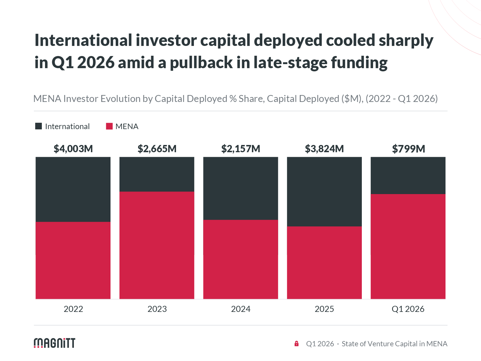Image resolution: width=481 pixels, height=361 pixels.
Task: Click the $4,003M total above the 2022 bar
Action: tap(73, 149)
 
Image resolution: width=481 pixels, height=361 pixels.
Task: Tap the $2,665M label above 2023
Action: tap(157, 149)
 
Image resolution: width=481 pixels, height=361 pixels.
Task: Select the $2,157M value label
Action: tap(241, 149)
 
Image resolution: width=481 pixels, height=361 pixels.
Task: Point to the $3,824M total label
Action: tap(324, 149)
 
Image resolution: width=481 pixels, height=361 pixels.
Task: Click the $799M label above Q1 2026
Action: tap(408, 149)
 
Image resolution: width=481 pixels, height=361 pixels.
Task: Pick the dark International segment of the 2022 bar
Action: tap(73, 189)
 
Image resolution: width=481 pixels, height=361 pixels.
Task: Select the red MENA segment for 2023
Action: tap(157, 245)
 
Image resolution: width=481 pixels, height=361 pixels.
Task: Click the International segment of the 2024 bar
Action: tap(241, 188)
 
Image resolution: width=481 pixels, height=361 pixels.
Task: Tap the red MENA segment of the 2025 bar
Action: tap(324, 263)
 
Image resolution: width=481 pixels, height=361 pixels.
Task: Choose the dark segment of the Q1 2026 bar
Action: tap(408, 175)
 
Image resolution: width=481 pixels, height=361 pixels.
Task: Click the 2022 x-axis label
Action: tap(73, 309)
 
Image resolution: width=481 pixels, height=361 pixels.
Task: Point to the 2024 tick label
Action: tap(241, 309)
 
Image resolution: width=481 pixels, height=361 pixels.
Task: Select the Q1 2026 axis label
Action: tap(408, 309)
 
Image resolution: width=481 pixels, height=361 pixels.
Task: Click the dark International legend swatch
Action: tap(38, 126)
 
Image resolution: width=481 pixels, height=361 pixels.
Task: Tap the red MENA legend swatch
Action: tap(109, 126)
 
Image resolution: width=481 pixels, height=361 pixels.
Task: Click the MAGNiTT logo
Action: tap(55, 343)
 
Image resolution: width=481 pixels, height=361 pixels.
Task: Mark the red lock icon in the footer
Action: tap(296, 343)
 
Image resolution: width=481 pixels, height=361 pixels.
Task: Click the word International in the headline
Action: tap(83, 40)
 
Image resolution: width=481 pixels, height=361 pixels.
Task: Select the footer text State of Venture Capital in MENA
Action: tap(394, 344)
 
